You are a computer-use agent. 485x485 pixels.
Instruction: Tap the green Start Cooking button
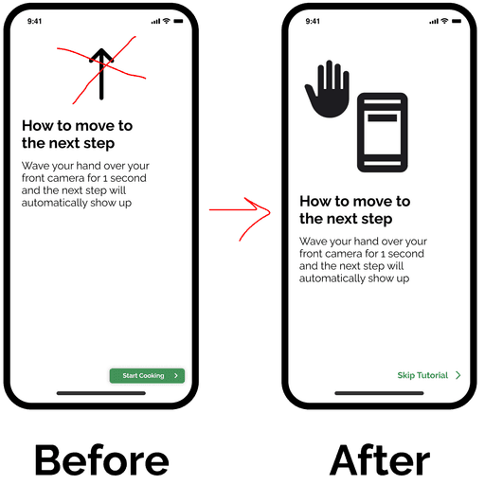click(x=147, y=376)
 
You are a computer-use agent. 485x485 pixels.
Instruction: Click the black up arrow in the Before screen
click(x=101, y=74)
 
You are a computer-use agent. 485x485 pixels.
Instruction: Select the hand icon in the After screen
click(x=328, y=89)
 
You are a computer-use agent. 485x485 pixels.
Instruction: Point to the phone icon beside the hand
click(x=383, y=133)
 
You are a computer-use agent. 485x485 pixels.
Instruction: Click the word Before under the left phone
click(x=102, y=459)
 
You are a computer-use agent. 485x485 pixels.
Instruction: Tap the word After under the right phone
click(x=380, y=459)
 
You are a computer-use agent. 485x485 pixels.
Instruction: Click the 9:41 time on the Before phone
click(x=34, y=21)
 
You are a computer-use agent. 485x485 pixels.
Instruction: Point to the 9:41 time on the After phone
click(x=313, y=21)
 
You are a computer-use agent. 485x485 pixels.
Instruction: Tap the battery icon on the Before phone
click(x=178, y=21)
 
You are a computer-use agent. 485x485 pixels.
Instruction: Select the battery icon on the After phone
click(x=457, y=21)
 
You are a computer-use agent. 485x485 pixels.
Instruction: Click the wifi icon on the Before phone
click(x=167, y=21)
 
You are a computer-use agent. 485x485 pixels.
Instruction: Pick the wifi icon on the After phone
click(x=444, y=21)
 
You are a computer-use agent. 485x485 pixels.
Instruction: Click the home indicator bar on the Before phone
click(x=101, y=393)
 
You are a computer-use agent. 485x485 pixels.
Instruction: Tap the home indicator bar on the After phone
click(x=379, y=393)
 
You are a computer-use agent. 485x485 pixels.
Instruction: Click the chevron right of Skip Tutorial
click(x=458, y=375)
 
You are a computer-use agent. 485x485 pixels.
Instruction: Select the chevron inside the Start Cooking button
click(x=176, y=376)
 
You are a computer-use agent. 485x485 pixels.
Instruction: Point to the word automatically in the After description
click(x=332, y=278)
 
